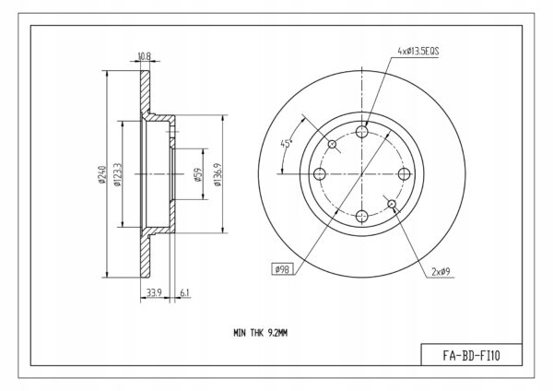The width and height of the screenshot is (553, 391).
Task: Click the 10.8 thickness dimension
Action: [145, 55]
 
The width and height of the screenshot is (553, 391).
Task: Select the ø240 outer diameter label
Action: [102, 174]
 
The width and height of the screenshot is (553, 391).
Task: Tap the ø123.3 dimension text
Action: [117, 174]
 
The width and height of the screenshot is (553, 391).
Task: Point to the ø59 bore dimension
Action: [198, 174]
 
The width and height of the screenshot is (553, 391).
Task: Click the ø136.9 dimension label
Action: [218, 174]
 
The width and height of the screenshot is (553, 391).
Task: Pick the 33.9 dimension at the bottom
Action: [154, 292]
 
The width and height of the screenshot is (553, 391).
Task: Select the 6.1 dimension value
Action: [185, 292]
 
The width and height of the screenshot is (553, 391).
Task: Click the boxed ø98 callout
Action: [282, 269]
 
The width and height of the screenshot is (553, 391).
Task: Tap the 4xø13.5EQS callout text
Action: [418, 51]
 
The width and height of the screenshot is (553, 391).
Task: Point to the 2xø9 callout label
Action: [441, 272]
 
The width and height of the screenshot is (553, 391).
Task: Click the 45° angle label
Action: [287, 144]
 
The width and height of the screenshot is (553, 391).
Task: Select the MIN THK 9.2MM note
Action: [260, 333]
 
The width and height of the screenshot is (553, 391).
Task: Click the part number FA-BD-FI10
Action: [471, 355]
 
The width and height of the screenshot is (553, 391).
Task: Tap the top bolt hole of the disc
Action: [362, 132]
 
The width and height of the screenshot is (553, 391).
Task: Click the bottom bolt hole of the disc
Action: [362, 216]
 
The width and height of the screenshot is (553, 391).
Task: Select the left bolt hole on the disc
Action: [320, 174]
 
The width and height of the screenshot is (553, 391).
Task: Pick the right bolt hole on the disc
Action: [405, 174]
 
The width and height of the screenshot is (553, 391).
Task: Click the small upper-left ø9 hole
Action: [332, 144]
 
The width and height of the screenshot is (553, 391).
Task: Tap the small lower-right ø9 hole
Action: [392, 204]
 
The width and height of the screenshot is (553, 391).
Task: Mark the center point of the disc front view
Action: [362, 174]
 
